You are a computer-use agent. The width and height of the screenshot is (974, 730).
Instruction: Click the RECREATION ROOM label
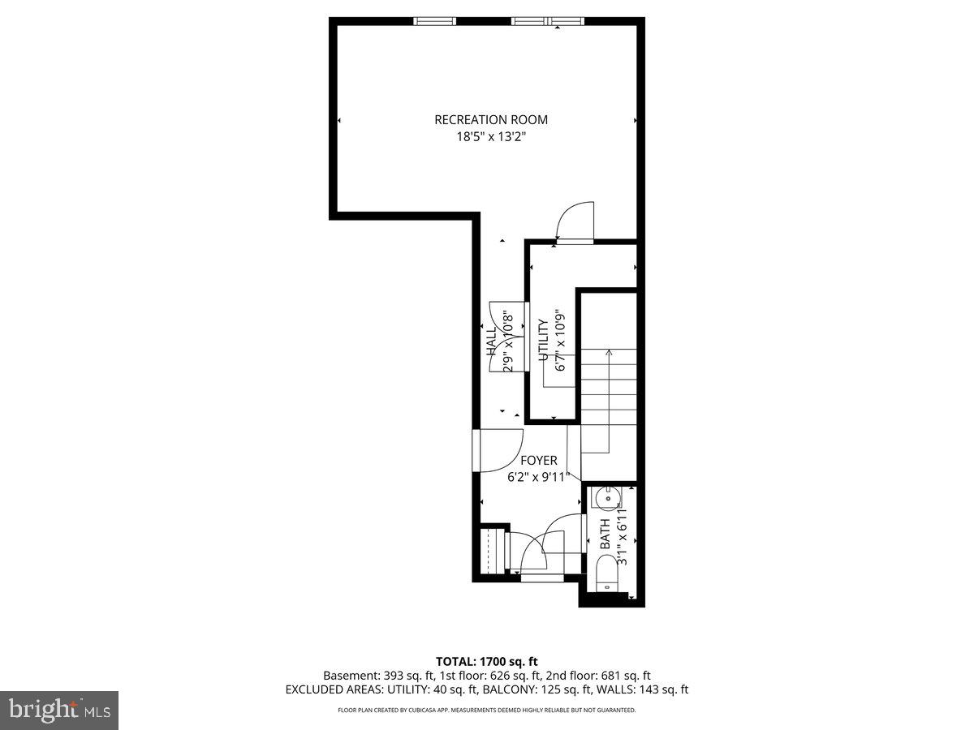[485, 120]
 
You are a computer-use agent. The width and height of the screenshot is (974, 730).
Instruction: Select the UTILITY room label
[543, 341]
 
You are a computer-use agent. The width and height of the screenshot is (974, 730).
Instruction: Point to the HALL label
[492, 341]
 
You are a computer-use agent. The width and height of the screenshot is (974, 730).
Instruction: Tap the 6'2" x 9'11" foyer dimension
[539, 478]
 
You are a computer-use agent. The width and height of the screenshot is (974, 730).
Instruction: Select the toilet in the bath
[606, 577]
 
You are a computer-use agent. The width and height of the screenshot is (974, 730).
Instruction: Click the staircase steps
[609, 381]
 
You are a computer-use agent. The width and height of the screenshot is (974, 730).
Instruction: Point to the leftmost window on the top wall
[435, 21]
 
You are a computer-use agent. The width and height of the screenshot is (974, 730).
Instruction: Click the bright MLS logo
[59, 711]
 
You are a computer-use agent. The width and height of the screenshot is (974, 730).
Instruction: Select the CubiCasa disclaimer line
[487, 711]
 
